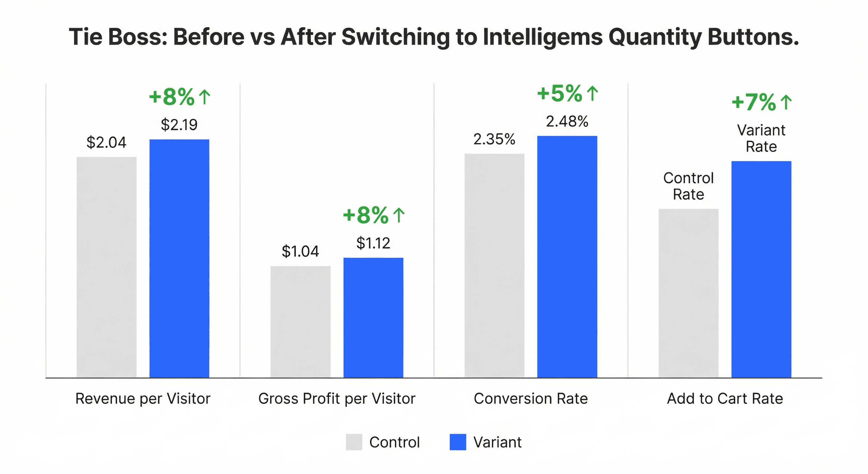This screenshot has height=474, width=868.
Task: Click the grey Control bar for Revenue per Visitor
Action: point(106,267)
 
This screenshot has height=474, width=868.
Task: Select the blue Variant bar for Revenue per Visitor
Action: point(179,258)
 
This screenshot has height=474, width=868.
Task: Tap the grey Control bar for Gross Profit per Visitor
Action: point(300,322)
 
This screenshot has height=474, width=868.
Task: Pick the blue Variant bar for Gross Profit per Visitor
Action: point(373,318)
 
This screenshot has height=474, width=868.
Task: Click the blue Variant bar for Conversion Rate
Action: point(567,257)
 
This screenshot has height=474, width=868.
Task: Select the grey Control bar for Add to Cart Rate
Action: point(688,293)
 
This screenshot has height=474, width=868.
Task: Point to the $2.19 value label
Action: point(179,125)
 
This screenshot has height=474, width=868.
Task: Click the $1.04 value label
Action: point(300,251)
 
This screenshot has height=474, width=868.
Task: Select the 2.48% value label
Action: point(567,122)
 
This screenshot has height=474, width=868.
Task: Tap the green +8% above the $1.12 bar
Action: point(366,215)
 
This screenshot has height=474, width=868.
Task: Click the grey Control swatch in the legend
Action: point(354,442)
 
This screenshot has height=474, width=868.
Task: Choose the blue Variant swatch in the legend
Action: point(458,442)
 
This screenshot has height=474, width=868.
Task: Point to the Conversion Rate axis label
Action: point(531,399)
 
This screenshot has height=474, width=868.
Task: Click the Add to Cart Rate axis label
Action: point(725,399)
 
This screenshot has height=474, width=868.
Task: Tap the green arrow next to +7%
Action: point(786,102)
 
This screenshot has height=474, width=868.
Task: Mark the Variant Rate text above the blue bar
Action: point(761,138)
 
